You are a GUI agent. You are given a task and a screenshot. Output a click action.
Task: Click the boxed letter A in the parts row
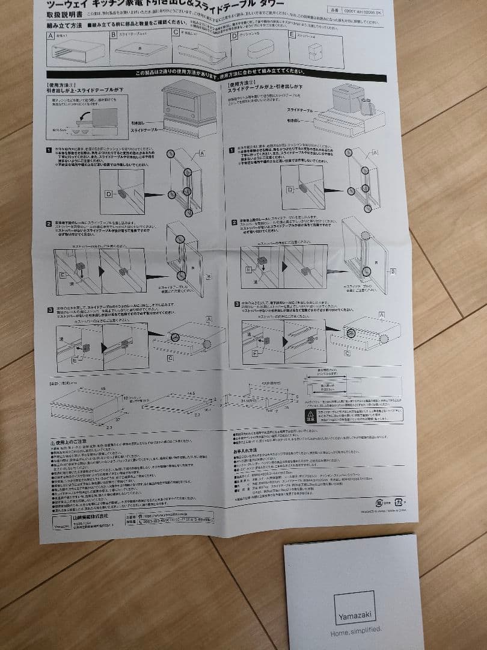[50, 36]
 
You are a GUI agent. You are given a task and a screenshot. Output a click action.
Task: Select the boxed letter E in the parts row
[292, 35]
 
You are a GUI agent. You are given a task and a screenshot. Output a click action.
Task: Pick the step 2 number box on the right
[233, 222]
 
